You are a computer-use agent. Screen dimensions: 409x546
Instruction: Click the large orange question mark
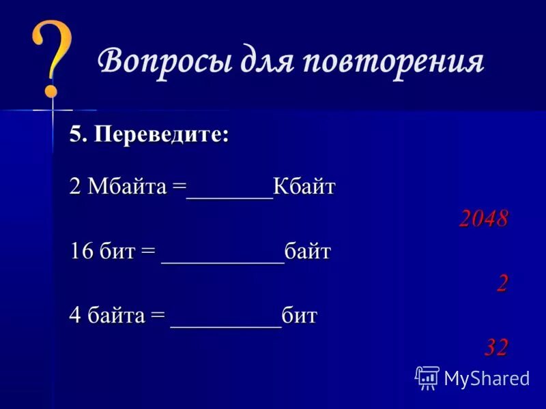point(51,58)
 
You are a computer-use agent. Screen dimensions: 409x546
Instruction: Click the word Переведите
point(161,134)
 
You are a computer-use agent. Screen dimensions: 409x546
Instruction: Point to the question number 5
point(76,134)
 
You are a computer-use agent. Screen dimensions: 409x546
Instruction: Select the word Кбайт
point(304,187)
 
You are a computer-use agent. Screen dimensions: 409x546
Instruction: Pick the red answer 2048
point(483,218)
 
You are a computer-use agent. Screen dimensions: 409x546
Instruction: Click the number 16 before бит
point(81,252)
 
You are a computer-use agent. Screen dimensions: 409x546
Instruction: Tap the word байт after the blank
point(308,252)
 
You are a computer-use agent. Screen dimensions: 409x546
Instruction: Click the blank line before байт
point(222,259)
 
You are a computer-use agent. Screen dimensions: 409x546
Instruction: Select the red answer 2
point(502,283)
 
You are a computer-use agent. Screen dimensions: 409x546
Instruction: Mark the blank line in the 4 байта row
point(226,323)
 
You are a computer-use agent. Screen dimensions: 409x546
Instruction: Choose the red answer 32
point(496,348)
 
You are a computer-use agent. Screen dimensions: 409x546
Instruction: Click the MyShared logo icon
point(427,377)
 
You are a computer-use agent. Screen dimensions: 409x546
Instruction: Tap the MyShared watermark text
point(487,378)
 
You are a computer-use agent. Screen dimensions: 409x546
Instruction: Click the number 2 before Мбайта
point(74,187)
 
